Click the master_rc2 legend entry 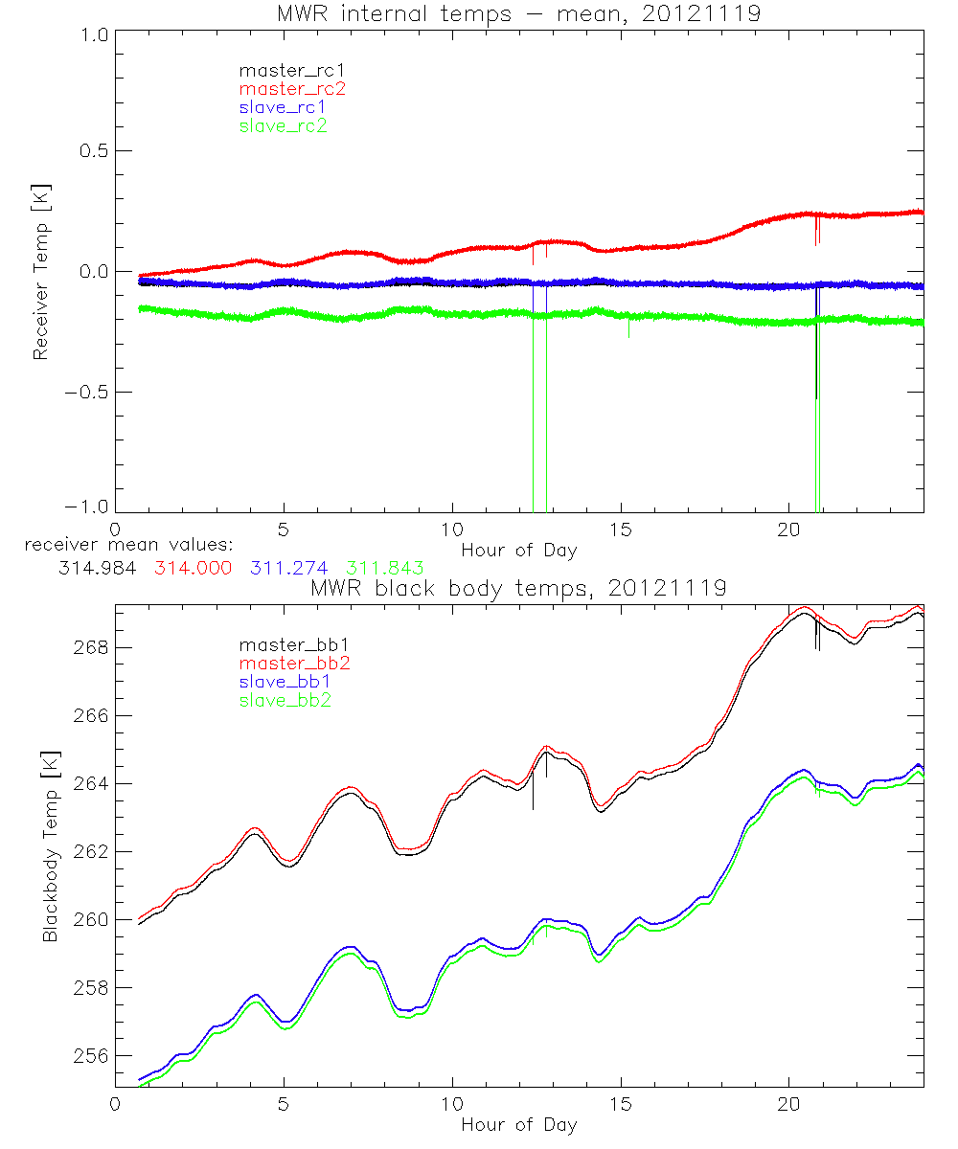292,89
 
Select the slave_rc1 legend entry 283,107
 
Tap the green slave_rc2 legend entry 283,125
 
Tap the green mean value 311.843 385,568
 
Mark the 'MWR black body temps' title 518,588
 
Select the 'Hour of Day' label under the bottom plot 519,1125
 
